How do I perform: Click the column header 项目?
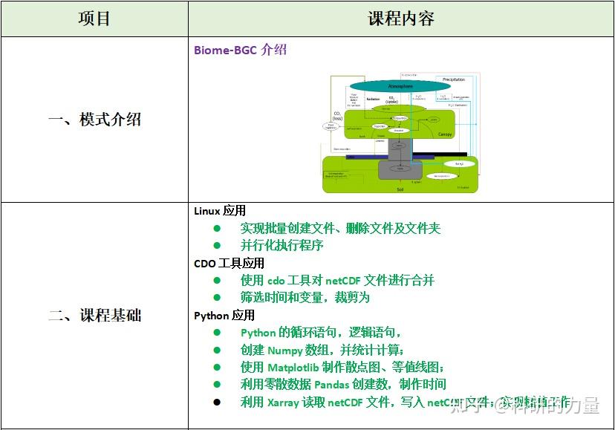pyautogui.click(x=94, y=19)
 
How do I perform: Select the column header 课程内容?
pyautogui.click(x=401, y=19)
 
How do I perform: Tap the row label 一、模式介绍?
pyautogui.click(x=94, y=120)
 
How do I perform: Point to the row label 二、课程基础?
pyautogui.click(x=94, y=316)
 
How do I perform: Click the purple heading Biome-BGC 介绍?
pyautogui.click(x=240, y=51)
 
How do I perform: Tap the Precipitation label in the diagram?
pyautogui.click(x=454, y=79)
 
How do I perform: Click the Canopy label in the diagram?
pyautogui.click(x=444, y=134)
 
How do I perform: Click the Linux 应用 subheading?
pyautogui.click(x=219, y=211)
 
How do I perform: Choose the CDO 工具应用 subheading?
pyautogui.click(x=229, y=263)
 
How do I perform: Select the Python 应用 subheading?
pyautogui.click(x=224, y=315)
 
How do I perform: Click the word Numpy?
pyautogui.click(x=285, y=350)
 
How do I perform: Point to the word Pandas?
pyautogui.click(x=331, y=384)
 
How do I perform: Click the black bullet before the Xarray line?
pyautogui.click(x=217, y=402)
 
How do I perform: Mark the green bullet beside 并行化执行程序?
pyautogui.click(x=217, y=245)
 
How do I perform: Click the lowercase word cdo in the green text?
pyautogui.click(x=276, y=280)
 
